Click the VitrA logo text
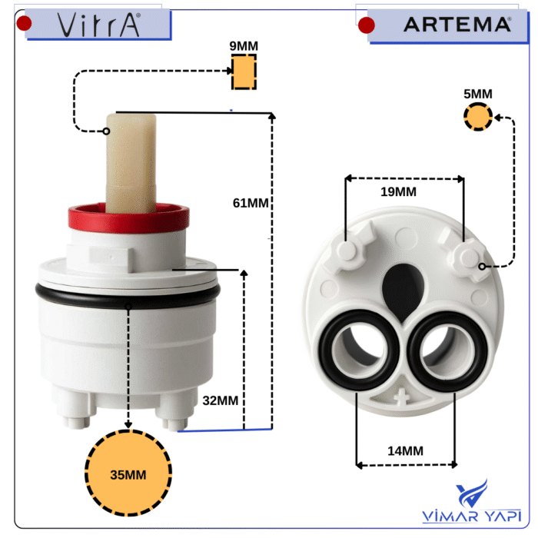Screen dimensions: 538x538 pos(98,25)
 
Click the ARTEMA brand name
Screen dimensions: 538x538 pos(457,25)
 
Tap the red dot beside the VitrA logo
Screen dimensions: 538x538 pos(24,24)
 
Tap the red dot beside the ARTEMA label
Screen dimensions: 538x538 pos(367,25)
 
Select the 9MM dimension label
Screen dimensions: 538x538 pos(244,46)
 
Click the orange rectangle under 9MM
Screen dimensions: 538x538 pos(244,71)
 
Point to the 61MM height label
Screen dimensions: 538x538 pos(251,203)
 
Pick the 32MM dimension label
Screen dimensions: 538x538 pos(221,400)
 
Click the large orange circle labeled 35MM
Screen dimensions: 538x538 pos(128,473)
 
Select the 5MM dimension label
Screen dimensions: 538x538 pos(478,94)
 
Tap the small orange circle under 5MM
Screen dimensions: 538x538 pos(478,117)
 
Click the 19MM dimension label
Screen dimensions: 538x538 pos(398,192)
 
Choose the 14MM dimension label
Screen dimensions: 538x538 pos(405,451)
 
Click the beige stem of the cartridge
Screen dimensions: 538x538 pos(131,163)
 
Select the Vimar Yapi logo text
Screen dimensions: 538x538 pos(471,516)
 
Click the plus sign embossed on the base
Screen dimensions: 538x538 pos(401,397)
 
